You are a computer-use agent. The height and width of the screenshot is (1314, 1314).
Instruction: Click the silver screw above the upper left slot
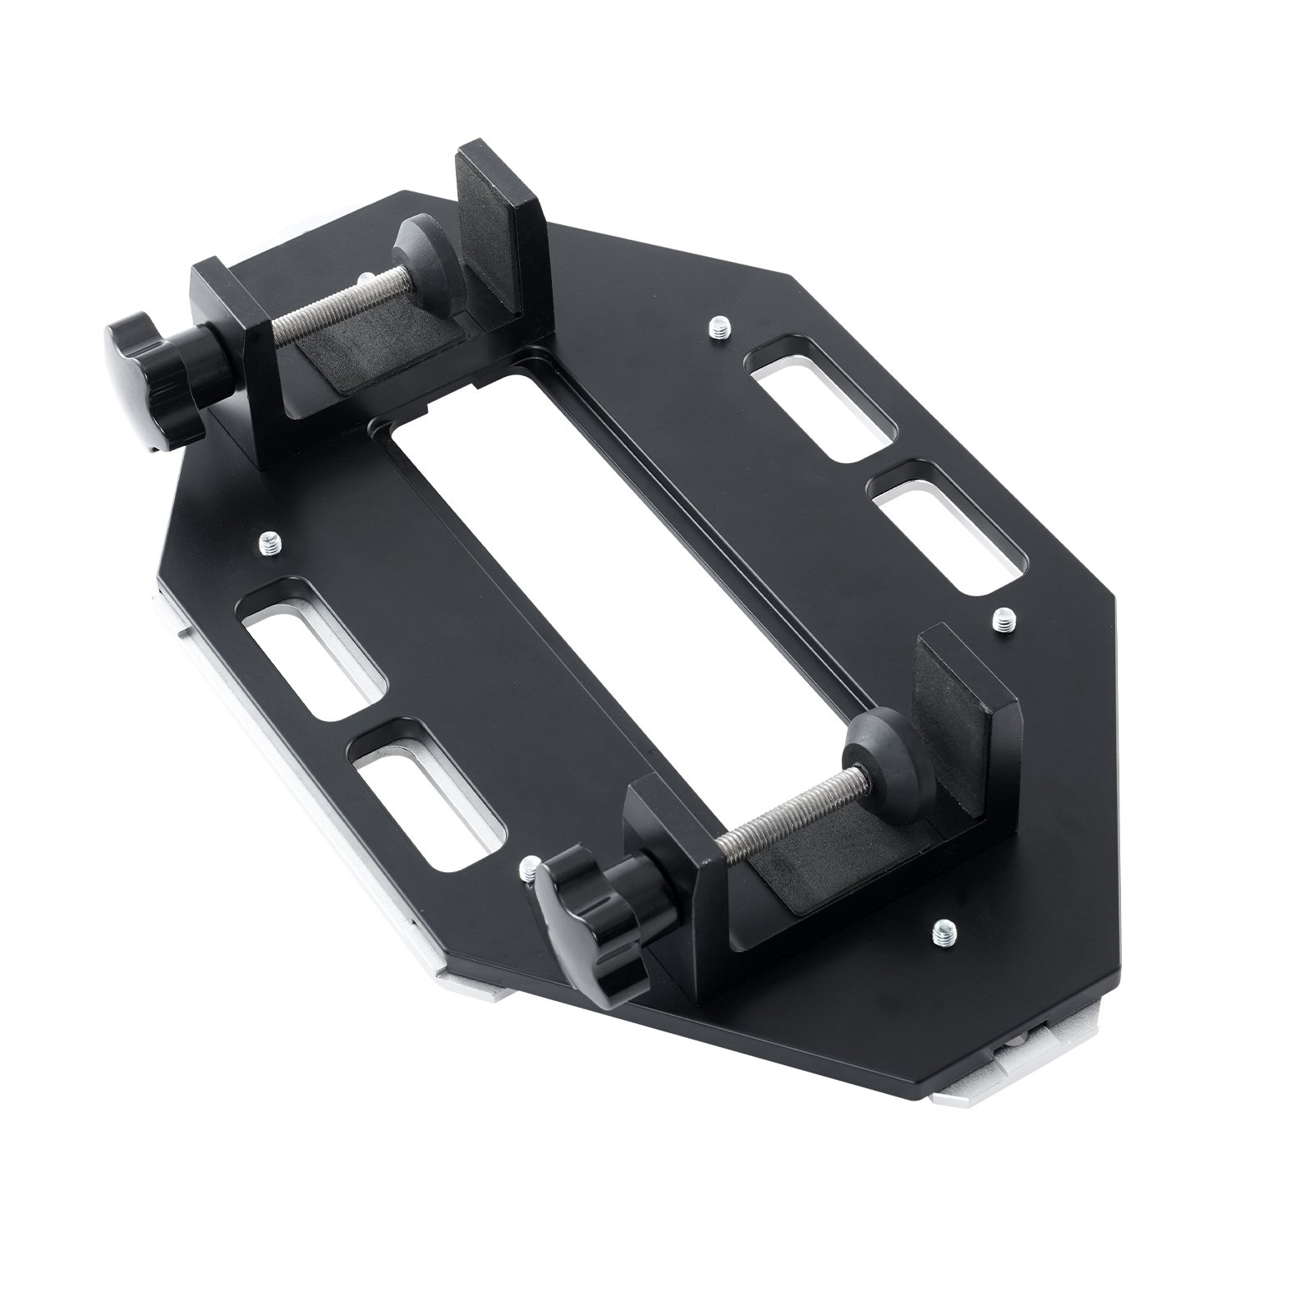[270, 542]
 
